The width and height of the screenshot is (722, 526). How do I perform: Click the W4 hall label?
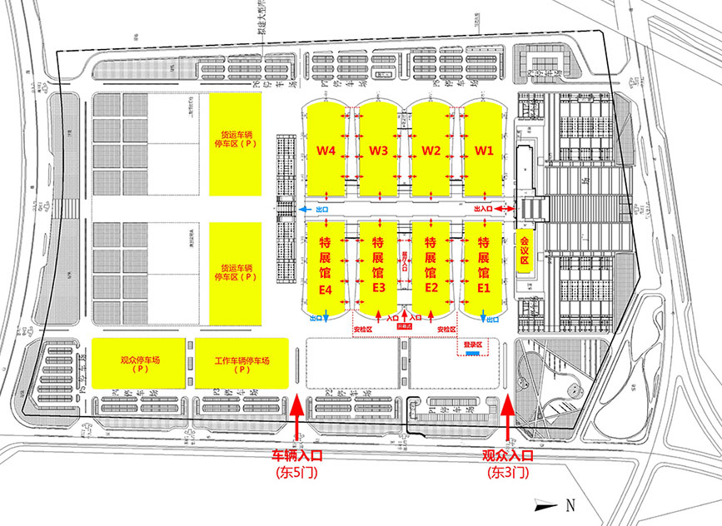click(326, 151)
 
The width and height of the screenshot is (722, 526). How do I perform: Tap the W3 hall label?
click(378, 151)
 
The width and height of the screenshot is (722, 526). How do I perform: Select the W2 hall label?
click(431, 151)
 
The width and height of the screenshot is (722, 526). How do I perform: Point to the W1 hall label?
click(484, 151)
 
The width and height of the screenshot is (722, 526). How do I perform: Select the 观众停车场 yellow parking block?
click(139, 364)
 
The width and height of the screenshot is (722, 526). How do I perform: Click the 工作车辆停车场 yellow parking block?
click(241, 364)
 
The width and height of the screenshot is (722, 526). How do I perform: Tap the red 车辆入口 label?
click(297, 457)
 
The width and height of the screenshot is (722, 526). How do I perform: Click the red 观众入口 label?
click(507, 457)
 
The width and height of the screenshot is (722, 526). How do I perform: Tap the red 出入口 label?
click(483, 209)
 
